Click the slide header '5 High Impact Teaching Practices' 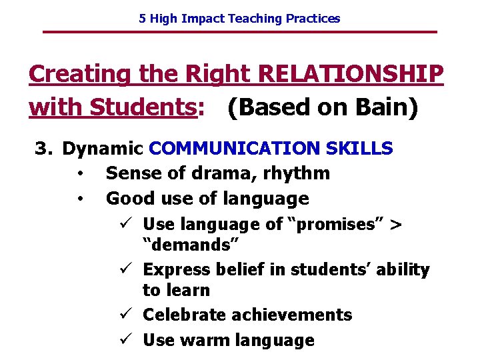[239, 19]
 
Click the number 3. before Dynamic [43, 148]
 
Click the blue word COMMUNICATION [237, 148]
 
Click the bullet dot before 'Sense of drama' [79, 174]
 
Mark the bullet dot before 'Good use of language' [79, 199]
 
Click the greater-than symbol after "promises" [395, 225]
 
